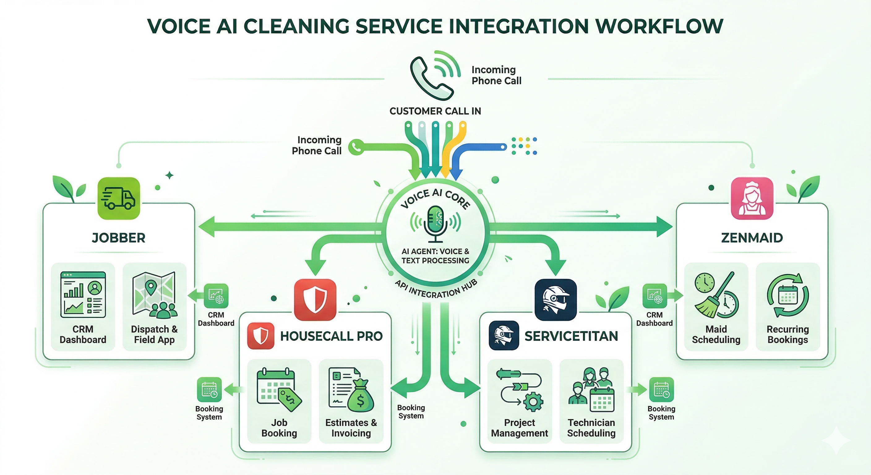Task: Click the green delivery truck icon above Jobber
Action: click(118, 198)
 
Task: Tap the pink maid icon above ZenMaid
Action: click(752, 198)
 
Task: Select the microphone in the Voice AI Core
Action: click(435, 223)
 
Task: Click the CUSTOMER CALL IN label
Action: click(435, 111)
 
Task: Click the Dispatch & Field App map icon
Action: click(154, 294)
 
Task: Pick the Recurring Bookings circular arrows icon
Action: click(788, 295)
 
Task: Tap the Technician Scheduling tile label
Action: click(591, 428)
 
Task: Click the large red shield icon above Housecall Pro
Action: click(315, 299)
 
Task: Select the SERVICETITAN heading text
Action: click(571, 336)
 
